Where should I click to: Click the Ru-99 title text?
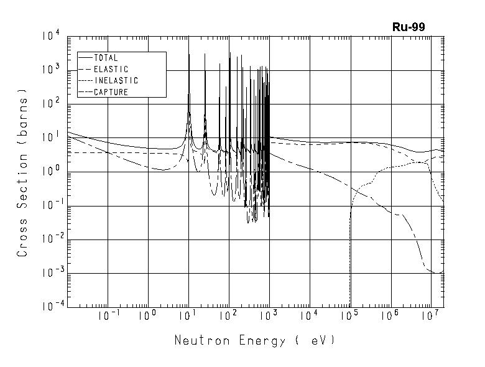click(409, 27)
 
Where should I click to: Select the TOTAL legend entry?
click(105, 58)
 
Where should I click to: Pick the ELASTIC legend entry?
click(111, 69)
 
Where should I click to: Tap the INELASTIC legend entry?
click(116, 81)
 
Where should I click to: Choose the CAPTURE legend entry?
click(111, 92)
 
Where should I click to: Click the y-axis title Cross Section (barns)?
click(23, 177)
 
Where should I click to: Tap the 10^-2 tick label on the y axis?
click(50, 240)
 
